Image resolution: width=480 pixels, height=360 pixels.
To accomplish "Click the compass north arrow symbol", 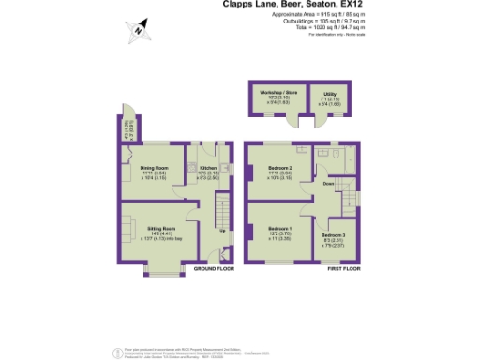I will [138, 30].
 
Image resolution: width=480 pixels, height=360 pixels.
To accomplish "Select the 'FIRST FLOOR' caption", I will [343, 268].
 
